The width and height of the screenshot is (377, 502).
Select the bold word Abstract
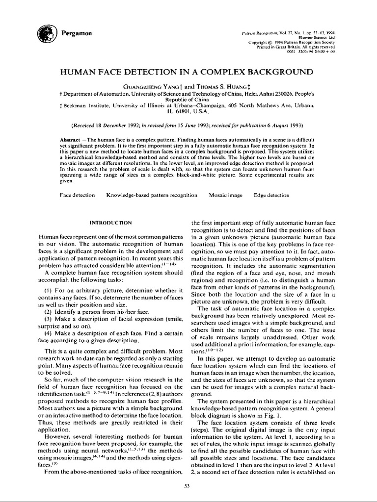68,140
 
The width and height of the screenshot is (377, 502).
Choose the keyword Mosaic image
225,195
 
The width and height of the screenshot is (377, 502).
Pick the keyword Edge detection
271,195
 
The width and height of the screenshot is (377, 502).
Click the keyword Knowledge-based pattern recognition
152,195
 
